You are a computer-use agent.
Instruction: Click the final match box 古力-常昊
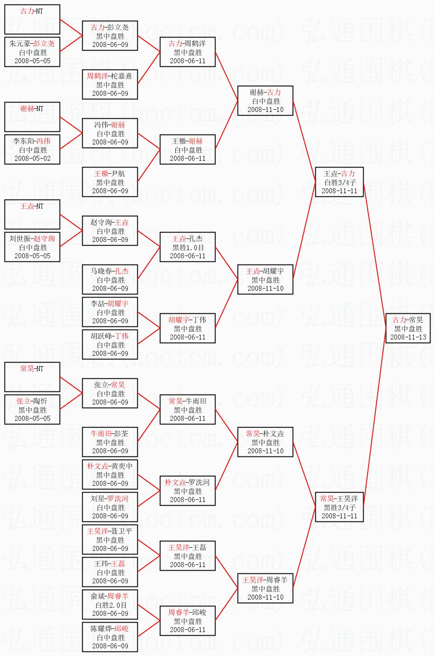pos(408,328)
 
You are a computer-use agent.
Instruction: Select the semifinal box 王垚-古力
pos(339,182)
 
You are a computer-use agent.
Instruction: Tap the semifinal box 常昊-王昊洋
pos(339,507)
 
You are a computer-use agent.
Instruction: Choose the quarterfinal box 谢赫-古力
pos(266,101)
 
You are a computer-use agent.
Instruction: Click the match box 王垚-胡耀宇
pos(266,279)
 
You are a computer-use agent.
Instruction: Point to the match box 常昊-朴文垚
pos(266,442)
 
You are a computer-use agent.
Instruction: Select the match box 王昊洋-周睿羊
pos(266,588)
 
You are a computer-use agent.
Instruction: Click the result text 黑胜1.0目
pos(188,247)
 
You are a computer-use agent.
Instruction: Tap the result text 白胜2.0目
pos(110,605)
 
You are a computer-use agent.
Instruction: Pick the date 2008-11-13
pos(408,337)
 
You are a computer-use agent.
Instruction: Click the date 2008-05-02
pos(33,158)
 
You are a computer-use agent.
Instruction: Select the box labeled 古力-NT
pos(33,19)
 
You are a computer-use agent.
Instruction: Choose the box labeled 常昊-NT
pos(33,377)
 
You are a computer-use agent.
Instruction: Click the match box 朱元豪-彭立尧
pos(33,52)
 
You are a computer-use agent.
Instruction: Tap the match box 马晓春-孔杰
pos(110,279)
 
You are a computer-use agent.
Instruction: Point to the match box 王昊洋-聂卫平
pos(110,540)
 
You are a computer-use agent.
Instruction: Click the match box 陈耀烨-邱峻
pos(110,637)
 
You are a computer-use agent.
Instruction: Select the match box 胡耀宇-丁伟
pos(188,328)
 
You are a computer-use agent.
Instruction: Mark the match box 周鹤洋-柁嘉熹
pos(110,84)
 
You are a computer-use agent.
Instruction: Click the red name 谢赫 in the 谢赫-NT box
pos(27,109)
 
